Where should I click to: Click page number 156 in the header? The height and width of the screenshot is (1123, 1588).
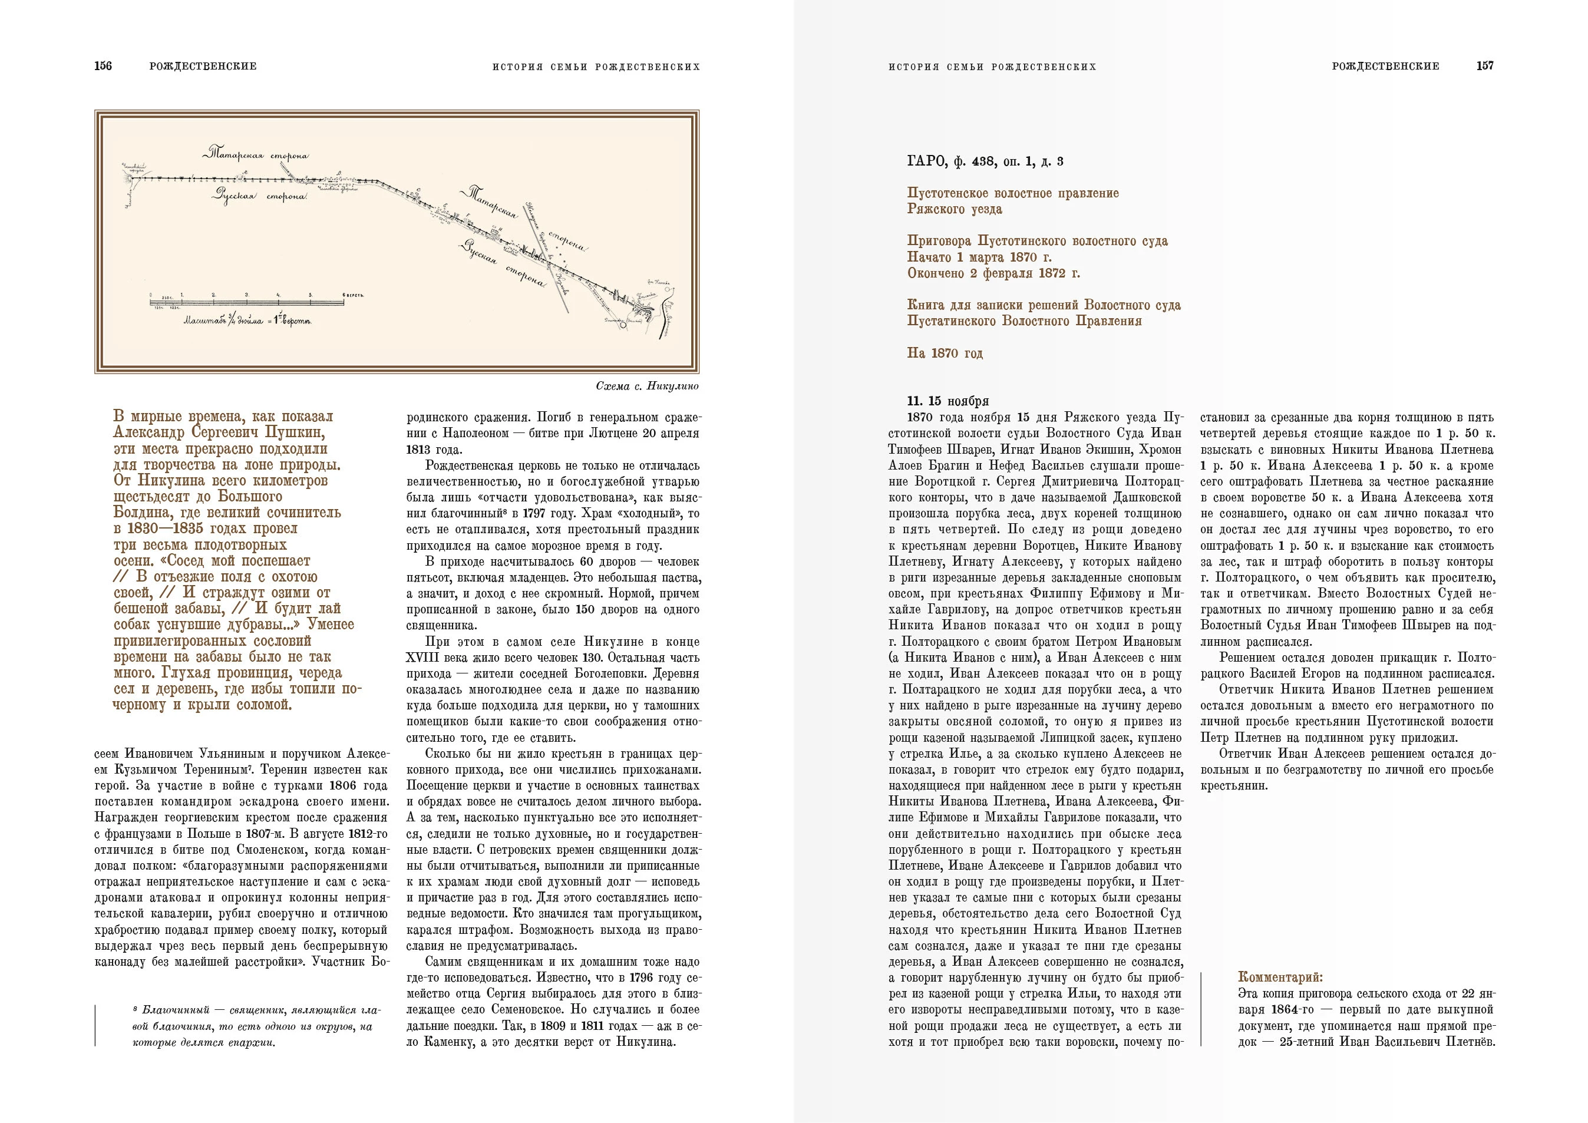tap(103, 67)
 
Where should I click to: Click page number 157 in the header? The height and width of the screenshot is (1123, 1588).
tap(1484, 67)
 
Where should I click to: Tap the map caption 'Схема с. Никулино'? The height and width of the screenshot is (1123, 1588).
tap(646, 387)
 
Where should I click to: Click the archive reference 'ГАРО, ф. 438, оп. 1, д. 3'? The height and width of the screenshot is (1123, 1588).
tap(985, 162)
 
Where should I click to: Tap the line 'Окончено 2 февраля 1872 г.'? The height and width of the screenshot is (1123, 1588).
tap(993, 273)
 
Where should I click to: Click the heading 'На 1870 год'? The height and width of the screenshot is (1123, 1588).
tap(945, 354)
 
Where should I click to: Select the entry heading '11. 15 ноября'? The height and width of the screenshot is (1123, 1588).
tap(947, 401)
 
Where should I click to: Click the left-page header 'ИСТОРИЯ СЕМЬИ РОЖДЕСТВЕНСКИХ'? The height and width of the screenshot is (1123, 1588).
tap(596, 67)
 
